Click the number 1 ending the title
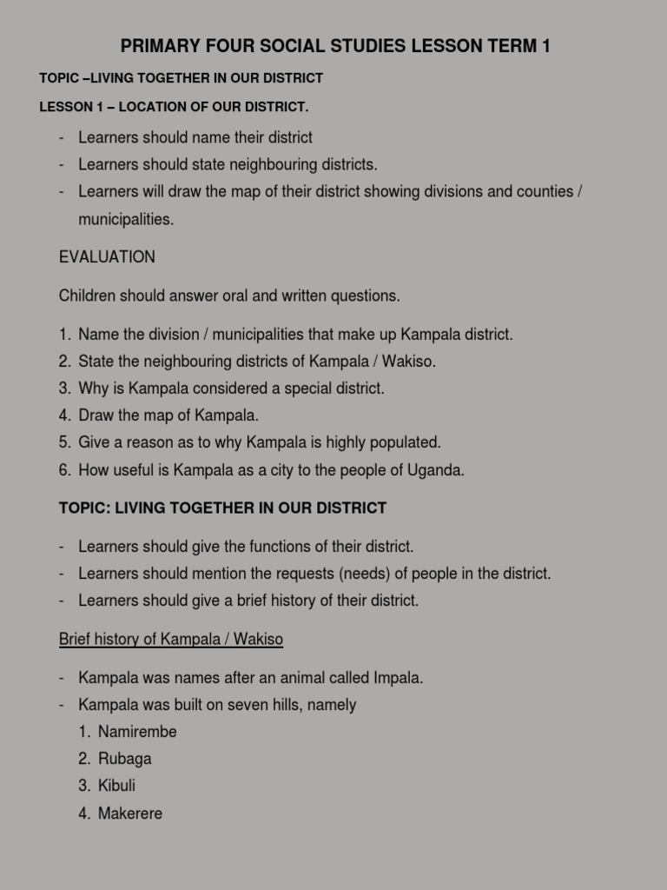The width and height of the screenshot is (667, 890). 545,46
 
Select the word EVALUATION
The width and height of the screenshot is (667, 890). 107,257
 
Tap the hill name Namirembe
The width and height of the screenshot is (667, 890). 137,732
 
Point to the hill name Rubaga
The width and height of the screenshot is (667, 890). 124,759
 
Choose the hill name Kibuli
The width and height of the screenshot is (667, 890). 116,786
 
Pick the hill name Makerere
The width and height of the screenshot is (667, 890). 130,814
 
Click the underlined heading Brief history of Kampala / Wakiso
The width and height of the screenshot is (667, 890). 171,640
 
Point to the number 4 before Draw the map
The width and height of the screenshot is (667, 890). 64,415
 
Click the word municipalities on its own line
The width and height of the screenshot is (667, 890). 125,220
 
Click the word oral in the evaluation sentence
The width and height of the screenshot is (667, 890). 248,296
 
